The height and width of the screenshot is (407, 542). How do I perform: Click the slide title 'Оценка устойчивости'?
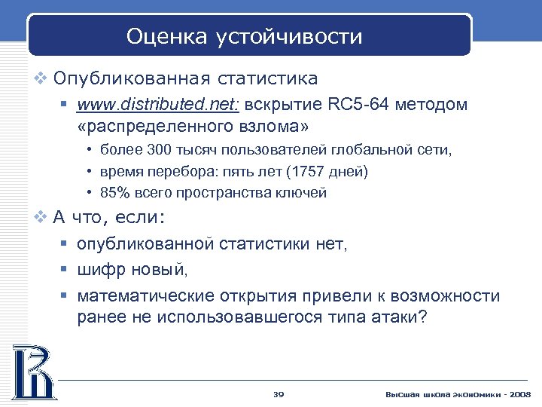244,36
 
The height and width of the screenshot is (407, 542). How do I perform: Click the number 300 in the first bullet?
162,151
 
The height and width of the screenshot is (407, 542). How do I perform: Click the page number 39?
278,394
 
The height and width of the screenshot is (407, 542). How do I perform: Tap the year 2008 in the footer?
519,394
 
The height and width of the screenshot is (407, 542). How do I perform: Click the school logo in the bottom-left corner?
32,372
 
